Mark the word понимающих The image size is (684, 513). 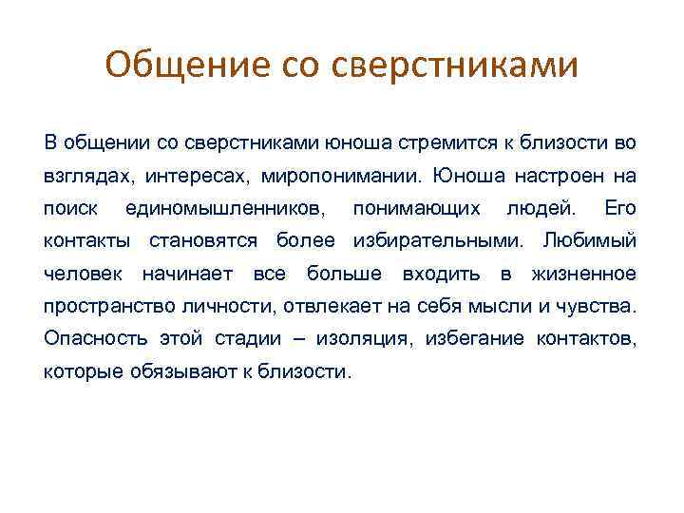417,208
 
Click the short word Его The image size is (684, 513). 620,208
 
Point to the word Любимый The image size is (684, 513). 597,240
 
